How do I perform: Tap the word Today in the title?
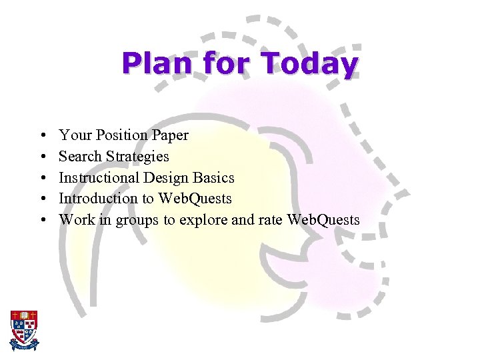[x=310, y=63]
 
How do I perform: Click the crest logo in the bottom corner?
[x=24, y=330]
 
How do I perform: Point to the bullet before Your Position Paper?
[x=42, y=135]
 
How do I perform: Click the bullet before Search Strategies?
[x=42, y=157]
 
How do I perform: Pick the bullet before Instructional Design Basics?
[x=42, y=178]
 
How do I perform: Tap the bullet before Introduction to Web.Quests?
[x=42, y=199]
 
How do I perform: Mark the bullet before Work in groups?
[x=42, y=220]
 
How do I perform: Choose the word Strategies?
[x=138, y=157]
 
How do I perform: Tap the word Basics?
[x=213, y=178]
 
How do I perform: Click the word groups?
[x=137, y=220]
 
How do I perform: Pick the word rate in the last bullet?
[x=270, y=220]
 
